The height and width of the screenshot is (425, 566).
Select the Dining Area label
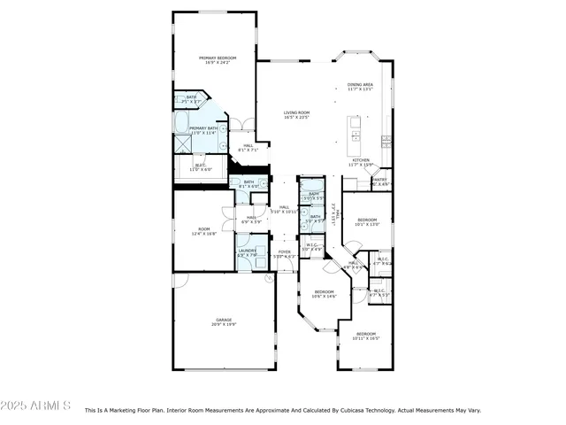360,87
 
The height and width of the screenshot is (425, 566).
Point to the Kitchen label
360,162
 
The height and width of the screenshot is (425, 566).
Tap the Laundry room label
247,252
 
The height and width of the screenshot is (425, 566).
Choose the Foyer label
284,253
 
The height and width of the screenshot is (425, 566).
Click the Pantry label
380,182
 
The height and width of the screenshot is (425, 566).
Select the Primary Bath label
203,130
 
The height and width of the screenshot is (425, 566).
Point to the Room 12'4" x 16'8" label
204,231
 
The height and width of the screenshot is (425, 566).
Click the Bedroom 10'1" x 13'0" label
367,221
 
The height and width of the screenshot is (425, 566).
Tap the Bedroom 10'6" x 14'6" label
325,293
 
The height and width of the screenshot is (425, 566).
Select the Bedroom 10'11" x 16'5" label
365,336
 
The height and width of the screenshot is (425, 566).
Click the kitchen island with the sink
356,131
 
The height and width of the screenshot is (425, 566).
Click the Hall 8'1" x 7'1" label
249,147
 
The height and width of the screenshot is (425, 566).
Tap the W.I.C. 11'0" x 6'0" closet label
200,166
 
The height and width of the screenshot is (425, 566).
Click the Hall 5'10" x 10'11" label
285,209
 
